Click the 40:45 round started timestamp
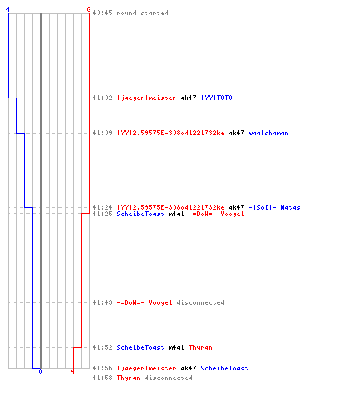[x=102, y=13]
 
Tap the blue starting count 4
[x=8, y=10]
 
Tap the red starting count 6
[x=89, y=10]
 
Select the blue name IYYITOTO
[x=217, y=98]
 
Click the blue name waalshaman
[x=268, y=133]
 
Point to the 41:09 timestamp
[x=102, y=133]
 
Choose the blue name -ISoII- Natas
[x=274, y=207]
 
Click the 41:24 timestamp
[x=102, y=207]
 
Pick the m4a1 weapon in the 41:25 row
[x=176, y=214]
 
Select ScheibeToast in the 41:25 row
[x=140, y=214]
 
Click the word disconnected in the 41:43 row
[x=200, y=302]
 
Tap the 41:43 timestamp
[x=102, y=302]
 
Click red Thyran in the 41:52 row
[x=201, y=347]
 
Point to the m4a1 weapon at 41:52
[x=176, y=347]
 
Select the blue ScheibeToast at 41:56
[x=224, y=368]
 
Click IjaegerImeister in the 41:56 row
[x=146, y=368]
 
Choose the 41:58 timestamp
[x=102, y=378]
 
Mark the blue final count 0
[x=40, y=371]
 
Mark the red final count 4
[x=73, y=371]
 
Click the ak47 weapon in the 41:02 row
[x=188, y=98]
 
